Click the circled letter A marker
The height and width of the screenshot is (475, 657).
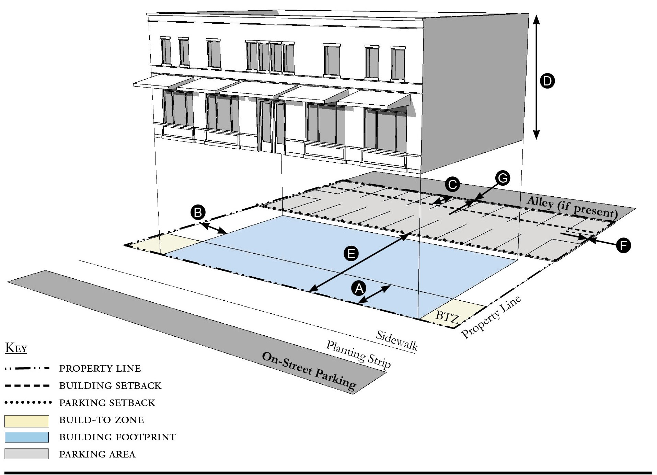coord(359,288)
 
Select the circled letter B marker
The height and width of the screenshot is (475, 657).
coord(198,212)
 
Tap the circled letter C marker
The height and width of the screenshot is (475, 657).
coord(452,185)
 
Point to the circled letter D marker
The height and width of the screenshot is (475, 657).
coord(547,81)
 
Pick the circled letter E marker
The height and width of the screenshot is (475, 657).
coord(351,254)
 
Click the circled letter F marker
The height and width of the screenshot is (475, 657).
coord(623,245)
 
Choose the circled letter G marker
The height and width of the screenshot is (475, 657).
coord(503,178)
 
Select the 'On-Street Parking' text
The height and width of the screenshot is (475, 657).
coord(309,371)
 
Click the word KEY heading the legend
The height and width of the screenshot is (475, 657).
coord(16,348)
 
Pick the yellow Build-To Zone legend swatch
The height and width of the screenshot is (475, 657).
coord(27,420)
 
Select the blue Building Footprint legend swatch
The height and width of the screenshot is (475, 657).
coord(27,437)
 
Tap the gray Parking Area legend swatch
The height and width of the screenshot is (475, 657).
coord(27,454)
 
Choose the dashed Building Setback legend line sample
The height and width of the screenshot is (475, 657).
coord(27,385)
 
